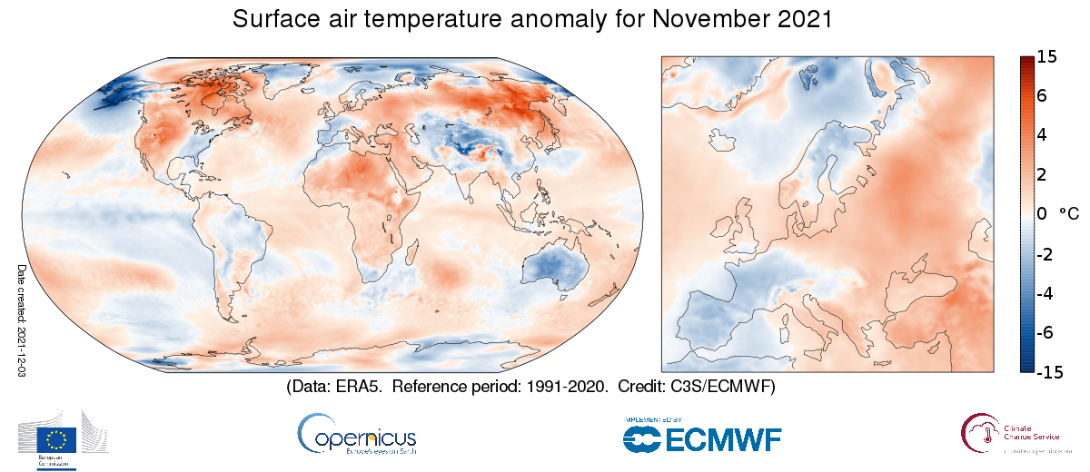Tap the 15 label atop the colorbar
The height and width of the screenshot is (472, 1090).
(1045, 57)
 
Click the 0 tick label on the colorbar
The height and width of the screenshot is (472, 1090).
(1041, 214)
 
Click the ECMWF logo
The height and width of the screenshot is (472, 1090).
(701, 436)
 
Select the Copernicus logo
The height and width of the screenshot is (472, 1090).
(356, 434)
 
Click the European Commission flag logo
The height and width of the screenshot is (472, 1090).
(56, 440)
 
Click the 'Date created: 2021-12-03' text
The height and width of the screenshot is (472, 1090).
(21, 321)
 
